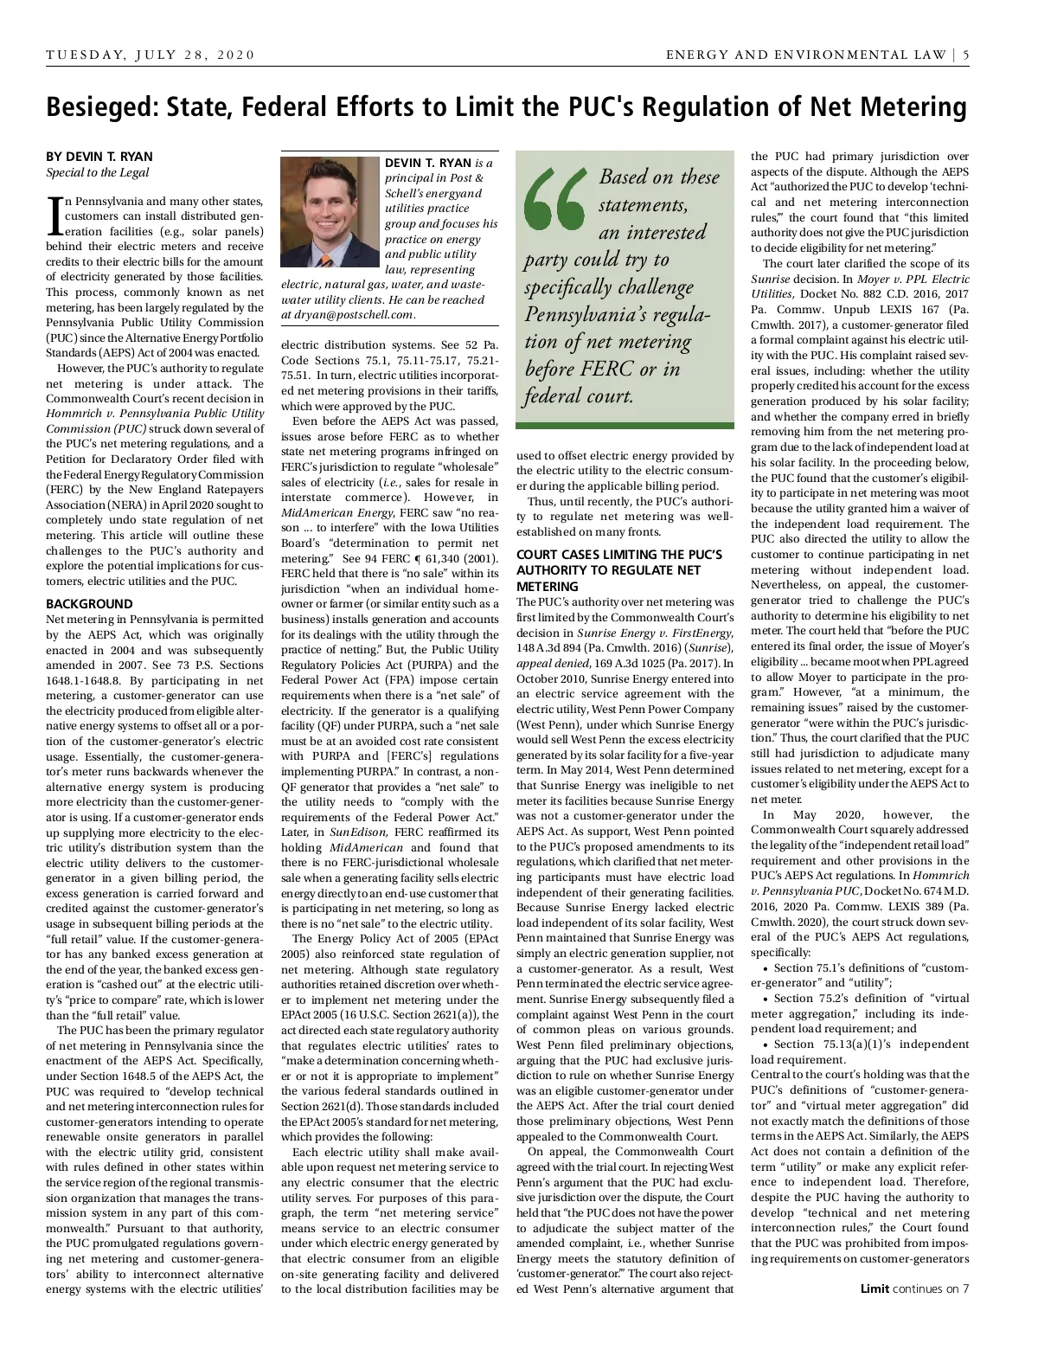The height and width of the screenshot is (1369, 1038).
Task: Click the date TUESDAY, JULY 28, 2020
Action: [151, 55]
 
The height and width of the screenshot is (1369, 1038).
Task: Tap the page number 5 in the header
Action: [965, 55]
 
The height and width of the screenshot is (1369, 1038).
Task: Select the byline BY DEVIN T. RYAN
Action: [99, 157]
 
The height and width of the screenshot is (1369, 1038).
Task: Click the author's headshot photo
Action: [330, 211]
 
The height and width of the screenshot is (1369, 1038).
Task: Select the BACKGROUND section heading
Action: [89, 604]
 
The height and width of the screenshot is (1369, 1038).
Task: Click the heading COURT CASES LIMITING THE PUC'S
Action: [618, 555]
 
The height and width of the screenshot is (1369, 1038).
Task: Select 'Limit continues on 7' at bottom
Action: [914, 1289]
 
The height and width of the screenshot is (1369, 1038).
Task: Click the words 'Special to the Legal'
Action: [97, 172]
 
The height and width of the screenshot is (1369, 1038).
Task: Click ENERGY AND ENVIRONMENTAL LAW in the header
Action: [805, 55]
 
